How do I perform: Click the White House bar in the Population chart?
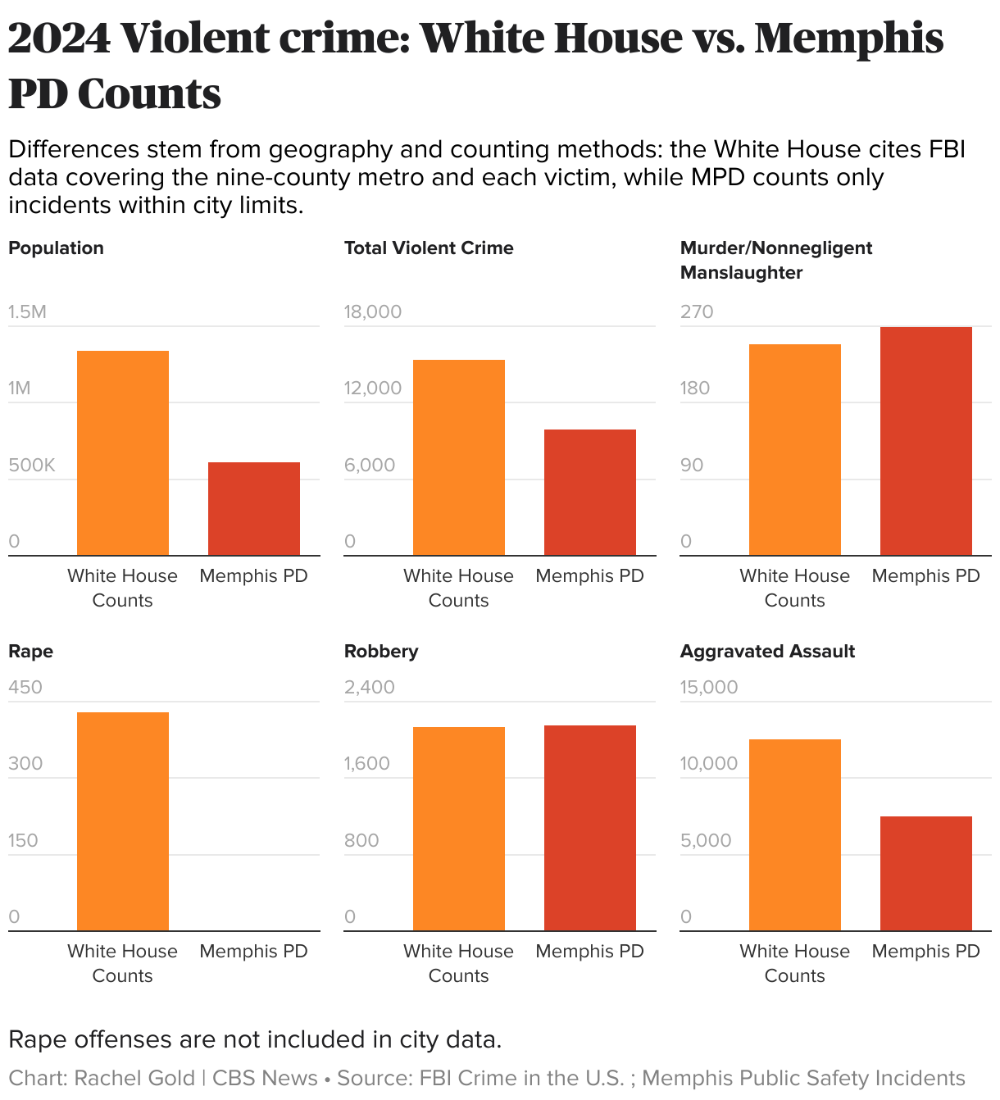click(x=123, y=453)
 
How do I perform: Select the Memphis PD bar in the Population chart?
click(x=254, y=509)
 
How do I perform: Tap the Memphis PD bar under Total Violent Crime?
click(x=590, y=493)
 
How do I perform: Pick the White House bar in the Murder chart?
click(x=795, y=450)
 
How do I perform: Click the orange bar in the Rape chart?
click(x=123, y=821)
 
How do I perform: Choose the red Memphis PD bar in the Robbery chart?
click(x=590, y=828)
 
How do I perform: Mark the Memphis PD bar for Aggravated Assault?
click(x=926, y=874)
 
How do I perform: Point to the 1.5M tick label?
click(x=28, y=312)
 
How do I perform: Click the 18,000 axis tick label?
click(x=373, y=312)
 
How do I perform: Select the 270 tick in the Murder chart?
click(x=697, y=312)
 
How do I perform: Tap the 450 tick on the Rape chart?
click(x=25, y=688)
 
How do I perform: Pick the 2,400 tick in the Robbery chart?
click(x=370, y=688)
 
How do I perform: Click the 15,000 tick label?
click(x=709, y=688)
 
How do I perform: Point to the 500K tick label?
click(x=32, y=466)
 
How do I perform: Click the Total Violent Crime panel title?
click(x=429, y=248)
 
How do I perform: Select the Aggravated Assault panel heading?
click(x=767, y=652)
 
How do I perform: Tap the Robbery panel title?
click(x=381, y=652)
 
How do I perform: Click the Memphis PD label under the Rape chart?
click(x=254, y=952)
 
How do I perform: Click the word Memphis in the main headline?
click(x=849, y=39)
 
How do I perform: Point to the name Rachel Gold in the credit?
click(x=134, y=1078)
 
